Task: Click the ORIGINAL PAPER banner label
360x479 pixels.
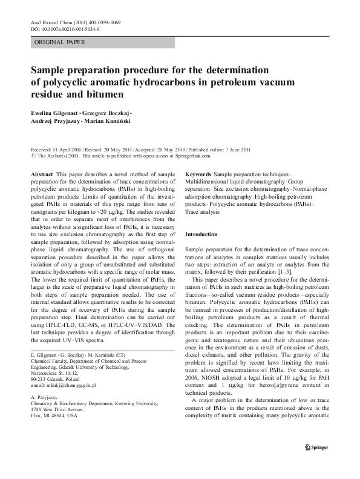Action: (60, 42)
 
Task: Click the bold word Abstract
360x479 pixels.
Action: (41, 174)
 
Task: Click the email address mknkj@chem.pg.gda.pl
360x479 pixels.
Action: (63, 385)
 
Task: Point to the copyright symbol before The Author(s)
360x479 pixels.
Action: (33, 156)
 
